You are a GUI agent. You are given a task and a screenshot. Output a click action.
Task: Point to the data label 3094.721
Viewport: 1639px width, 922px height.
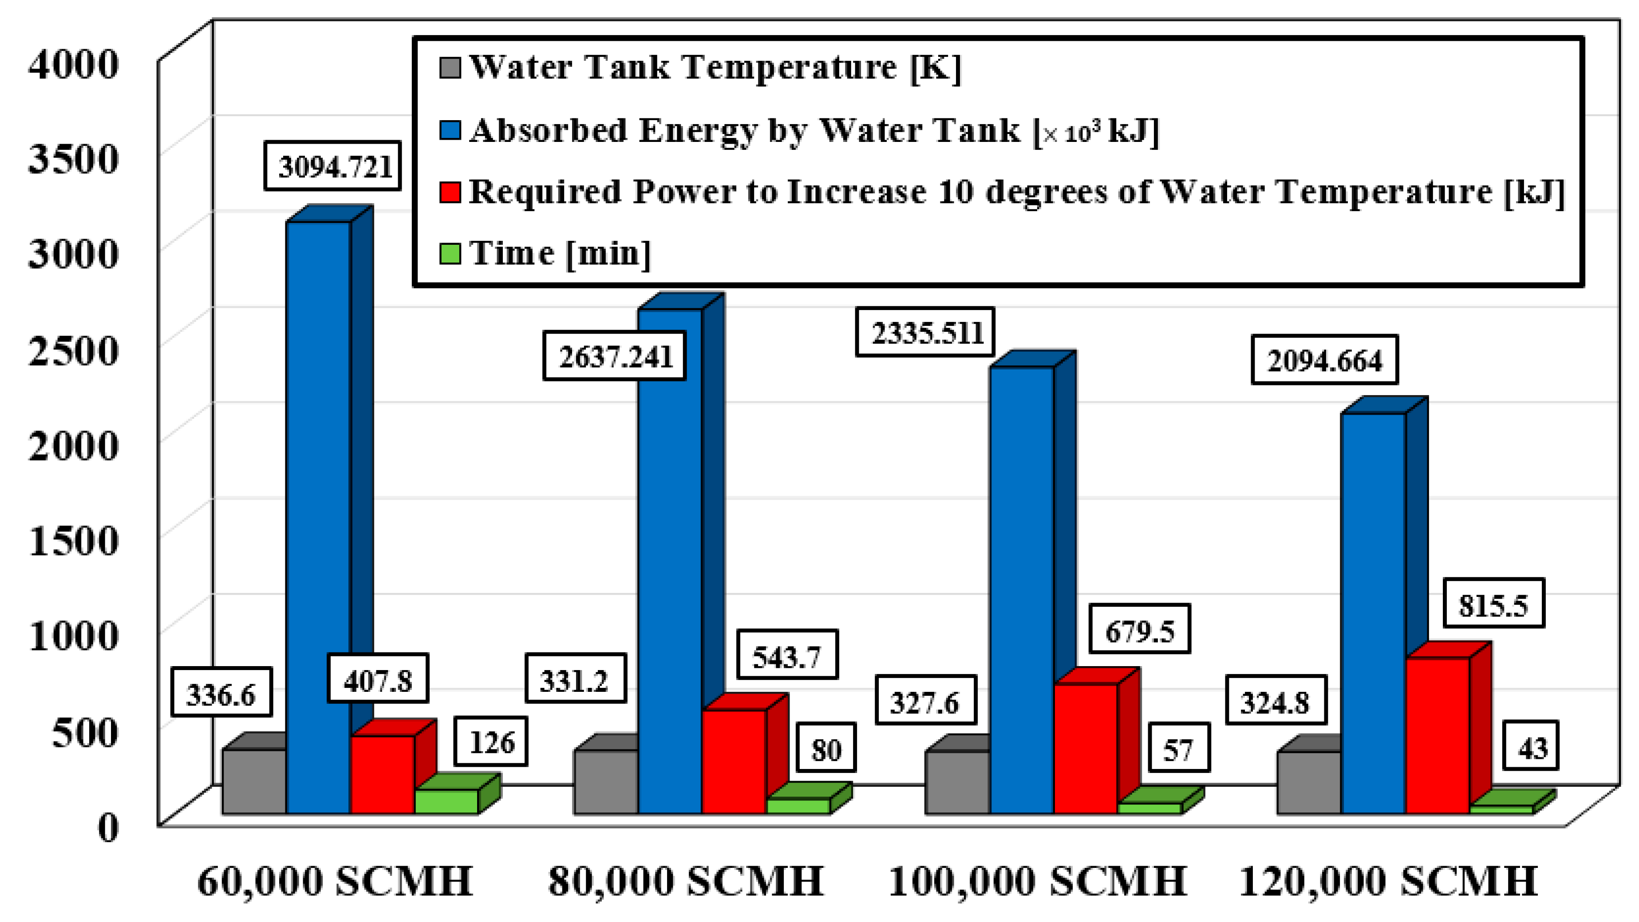click(x=333, y=167)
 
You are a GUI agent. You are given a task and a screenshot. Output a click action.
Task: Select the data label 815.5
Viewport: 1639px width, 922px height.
click(x=1493, y=604)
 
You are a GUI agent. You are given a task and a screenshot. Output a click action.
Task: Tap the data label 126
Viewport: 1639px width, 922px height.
click(x=490, y=742)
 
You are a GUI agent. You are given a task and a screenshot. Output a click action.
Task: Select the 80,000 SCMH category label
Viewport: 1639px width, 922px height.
click(x=685, y=881)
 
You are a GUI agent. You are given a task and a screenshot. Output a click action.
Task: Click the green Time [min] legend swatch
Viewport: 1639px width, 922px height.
click(x=450, y=253)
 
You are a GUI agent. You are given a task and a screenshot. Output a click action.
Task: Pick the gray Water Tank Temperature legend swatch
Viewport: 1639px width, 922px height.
click(x=450, y=67)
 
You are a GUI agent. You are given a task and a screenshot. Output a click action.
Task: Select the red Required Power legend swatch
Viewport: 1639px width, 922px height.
click(x=450, y=192)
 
